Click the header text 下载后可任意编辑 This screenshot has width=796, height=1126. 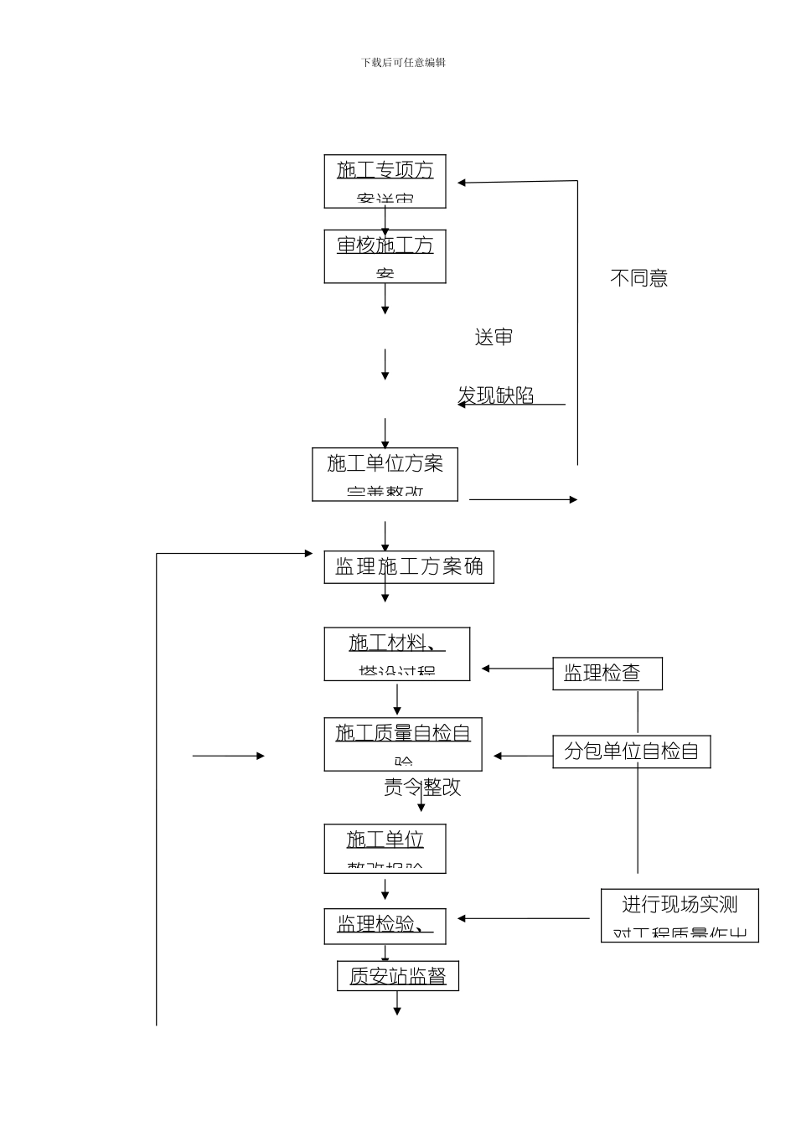click(x=403, y=62)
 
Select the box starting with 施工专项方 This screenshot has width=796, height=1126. click(x=385, y=181)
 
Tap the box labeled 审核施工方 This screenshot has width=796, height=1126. click(x=385, y=256)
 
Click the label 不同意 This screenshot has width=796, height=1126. click(x=638, y=278)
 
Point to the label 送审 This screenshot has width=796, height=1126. click(x=494, y=338)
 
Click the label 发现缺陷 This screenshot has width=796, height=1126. click(x=496, y=395)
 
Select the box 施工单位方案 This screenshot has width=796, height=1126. click(x=385, y=474)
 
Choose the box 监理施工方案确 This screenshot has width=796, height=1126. click(x=409, y=567)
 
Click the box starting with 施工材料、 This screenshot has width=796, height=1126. click(x=396, y=654)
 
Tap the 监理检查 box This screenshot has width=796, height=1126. click(x=607, y=674)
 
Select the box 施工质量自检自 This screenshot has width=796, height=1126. click(x=403, y=744)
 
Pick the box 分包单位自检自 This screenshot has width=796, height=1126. click(x=631, y=752)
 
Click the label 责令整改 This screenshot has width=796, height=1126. click(x=422, y=788)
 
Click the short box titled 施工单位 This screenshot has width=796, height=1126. click(x=385, y=849)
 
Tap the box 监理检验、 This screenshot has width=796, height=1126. click(x=385, y=926)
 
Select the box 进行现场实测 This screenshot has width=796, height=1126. click(x=680, y=915)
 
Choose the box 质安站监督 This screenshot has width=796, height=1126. click(x=397, y=976)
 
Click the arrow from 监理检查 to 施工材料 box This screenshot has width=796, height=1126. click(x=517, y=669)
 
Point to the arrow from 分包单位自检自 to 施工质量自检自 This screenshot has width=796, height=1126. click(x=523, y=756)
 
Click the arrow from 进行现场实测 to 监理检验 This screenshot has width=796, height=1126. click(x=523, y=918)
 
